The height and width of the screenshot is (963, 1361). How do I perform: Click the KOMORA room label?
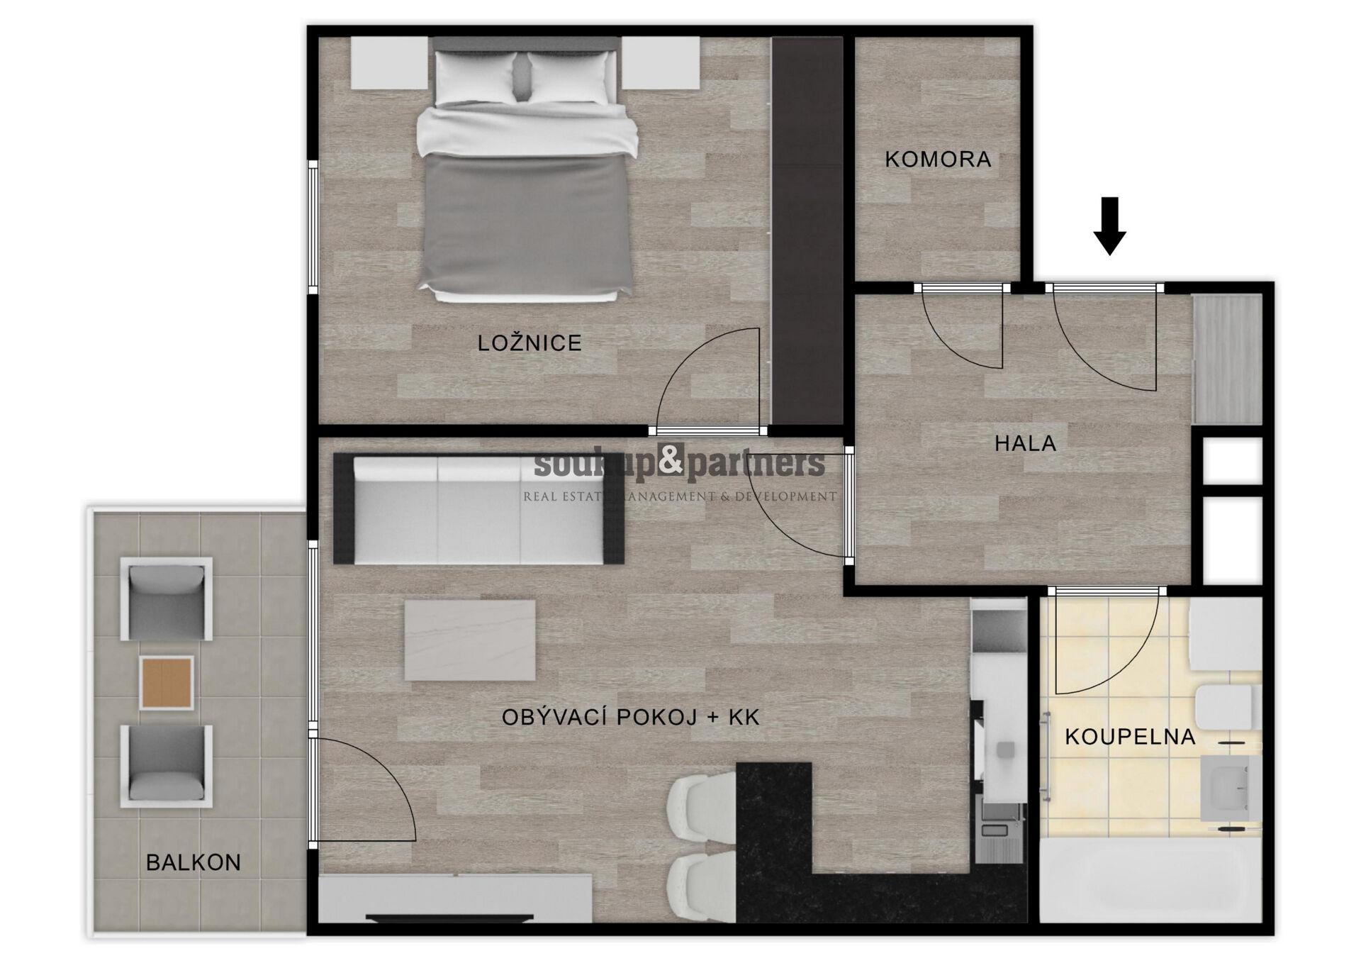(937, 159)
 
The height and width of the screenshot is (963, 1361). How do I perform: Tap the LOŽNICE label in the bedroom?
(530, 343)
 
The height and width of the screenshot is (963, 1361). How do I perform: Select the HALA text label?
(1025, 444)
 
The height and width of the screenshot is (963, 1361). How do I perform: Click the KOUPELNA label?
(1130, 737)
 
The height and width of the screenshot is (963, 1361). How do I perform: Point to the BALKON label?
(194, 862)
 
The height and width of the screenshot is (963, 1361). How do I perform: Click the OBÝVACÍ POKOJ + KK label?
(630, 718)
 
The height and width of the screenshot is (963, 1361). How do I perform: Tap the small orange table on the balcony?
(167, 682)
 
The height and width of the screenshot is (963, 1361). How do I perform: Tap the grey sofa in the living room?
(478, 509)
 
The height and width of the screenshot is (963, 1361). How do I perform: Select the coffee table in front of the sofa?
(469, 640)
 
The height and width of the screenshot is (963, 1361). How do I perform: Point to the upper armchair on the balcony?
(167, 599)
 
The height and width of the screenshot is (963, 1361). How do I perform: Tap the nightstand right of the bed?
(661, 63)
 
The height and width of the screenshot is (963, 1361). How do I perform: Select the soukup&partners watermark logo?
(678, 464)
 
